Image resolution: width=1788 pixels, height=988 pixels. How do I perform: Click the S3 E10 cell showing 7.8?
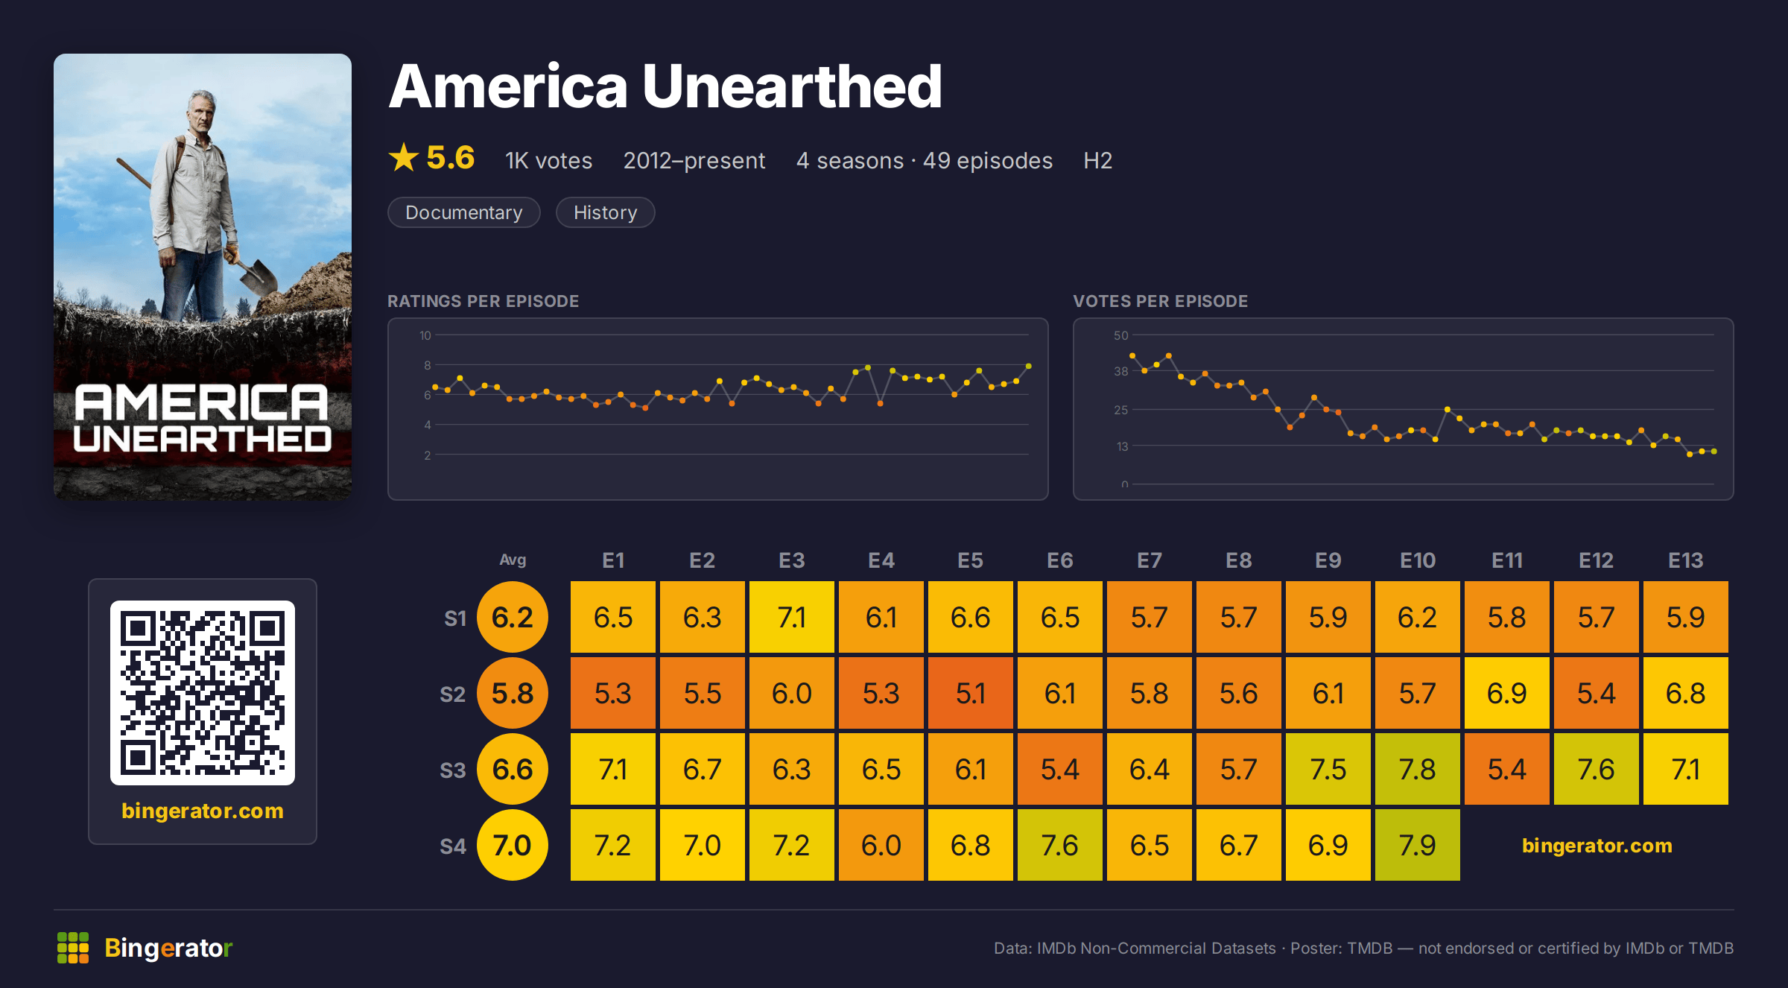(1417, 769)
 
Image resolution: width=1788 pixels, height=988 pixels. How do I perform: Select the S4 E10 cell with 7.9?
(1417, 845)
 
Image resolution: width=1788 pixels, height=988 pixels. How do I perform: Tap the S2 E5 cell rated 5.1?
(970, 693)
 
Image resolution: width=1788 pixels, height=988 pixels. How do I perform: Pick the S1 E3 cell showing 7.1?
(791, 617)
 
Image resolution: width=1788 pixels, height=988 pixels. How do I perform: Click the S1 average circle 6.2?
(513, 617)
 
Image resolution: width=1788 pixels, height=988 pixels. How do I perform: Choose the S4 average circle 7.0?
(513, 845)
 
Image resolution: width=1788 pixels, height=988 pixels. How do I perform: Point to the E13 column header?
(1685, 560)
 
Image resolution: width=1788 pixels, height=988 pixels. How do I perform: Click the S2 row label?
(452, 694)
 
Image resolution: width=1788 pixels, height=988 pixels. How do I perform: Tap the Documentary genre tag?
(464, 212)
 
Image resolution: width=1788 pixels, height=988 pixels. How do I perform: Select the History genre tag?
(605, 212)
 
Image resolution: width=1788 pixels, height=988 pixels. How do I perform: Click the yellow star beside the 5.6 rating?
(404, 157)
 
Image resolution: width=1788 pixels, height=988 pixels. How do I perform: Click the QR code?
(203, 693)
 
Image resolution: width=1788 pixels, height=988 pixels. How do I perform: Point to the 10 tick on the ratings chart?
(425, 335)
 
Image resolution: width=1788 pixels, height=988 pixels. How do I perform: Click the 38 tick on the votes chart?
(1121, 371)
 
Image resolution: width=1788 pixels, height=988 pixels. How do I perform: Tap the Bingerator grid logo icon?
(73, 948)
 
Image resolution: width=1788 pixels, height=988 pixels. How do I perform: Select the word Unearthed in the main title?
(792, 86)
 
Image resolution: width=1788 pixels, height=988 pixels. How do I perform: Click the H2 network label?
(1097, 160)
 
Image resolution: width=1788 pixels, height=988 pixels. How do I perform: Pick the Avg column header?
(513, 560)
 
